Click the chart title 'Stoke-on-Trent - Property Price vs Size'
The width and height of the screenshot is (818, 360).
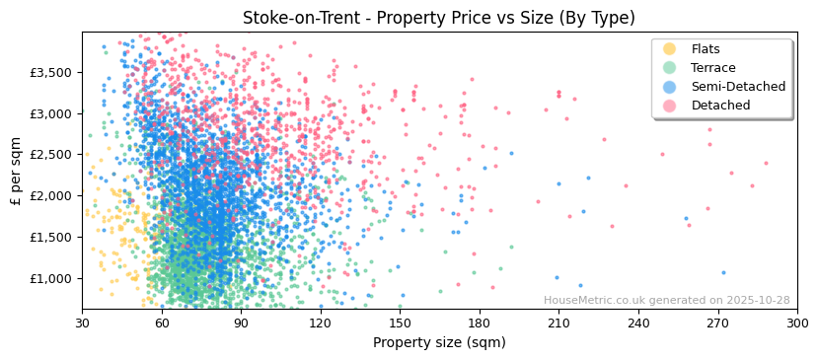tap(439, 18)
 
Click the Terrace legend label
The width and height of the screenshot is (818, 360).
tap(713, 68)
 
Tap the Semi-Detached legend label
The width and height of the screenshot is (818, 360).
tap(738, 87)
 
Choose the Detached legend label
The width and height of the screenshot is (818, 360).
tap(720, 106)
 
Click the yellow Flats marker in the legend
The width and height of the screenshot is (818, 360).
tap(670, 49)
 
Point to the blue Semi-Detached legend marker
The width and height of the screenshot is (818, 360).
tap(670, 87)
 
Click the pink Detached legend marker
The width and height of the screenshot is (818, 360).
tap(670, 106)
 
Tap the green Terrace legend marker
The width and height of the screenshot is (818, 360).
tap(670, 68)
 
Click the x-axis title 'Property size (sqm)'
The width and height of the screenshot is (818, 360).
tap(439, 343)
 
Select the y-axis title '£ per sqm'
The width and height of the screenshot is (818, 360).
tap(16, 171)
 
